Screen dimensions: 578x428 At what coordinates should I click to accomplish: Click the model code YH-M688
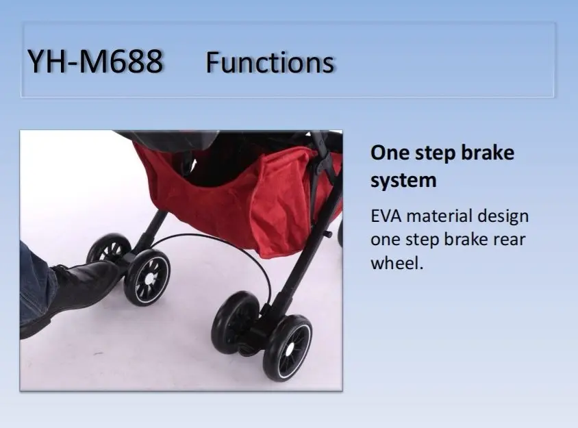point(95,61)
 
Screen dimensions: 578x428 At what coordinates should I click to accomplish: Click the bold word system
point(403,181)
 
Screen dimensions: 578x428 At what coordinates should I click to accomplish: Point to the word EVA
point(386,216)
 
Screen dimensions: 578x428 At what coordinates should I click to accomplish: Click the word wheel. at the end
point(397,263)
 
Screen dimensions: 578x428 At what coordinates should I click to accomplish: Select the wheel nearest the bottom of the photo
point(287,347)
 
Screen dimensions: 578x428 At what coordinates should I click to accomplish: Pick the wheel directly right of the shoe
point(147,277)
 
